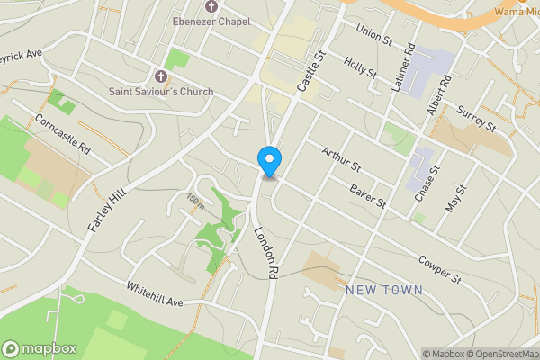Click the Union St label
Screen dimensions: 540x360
(375, 33)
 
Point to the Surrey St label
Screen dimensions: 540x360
(476, 116)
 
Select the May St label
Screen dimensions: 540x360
(458, 198)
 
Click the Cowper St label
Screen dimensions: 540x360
(439, 266)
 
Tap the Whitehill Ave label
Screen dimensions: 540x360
(155, 296)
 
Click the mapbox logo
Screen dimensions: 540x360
(40, 348)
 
